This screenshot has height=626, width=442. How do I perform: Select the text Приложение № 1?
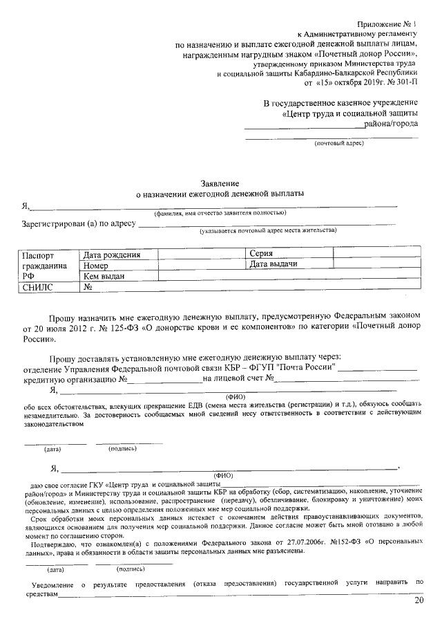tap(392, 24)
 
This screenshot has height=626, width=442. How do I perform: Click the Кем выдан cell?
tap(104, 275)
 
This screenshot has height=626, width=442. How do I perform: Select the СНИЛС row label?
tap(37, 286)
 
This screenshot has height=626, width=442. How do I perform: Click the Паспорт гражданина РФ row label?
tap(44, 265)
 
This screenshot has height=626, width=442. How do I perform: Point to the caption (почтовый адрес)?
tap(338, 143)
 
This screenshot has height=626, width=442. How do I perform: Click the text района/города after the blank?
tap(392, 124)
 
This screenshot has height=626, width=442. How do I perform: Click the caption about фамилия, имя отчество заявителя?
tap(220, 213)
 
